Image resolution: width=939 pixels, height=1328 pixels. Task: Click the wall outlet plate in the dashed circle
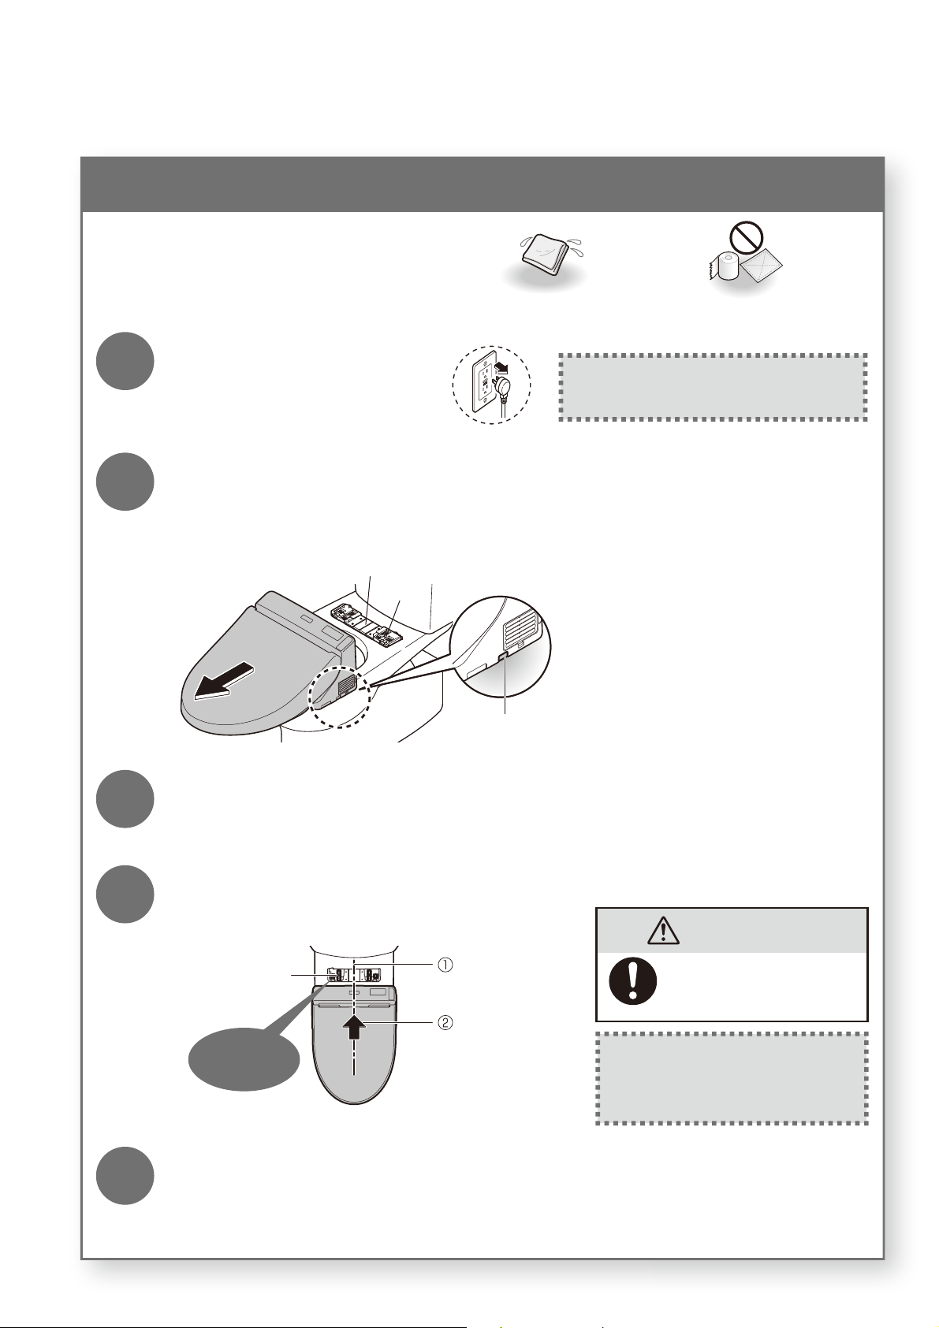(484, 385)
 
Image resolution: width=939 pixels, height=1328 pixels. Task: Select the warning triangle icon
(664, 930)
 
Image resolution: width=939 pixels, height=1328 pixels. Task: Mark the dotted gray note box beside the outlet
(713, 387)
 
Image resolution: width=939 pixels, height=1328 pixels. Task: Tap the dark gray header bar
(483, 184)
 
